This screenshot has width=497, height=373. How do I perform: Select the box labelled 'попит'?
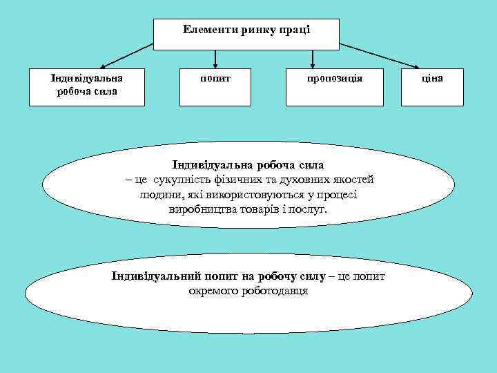[216, 86]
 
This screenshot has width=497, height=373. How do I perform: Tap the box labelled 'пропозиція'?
[335, 86]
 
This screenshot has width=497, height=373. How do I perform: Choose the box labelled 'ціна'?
[433, 86]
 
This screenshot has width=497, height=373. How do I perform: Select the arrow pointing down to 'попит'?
[216, 59]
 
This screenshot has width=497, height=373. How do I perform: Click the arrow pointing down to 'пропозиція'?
[313, 59]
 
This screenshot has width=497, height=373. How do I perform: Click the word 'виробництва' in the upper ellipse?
[199, 209]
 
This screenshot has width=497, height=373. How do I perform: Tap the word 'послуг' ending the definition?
[311, 209]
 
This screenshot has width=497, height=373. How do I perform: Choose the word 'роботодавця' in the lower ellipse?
[272, 291]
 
